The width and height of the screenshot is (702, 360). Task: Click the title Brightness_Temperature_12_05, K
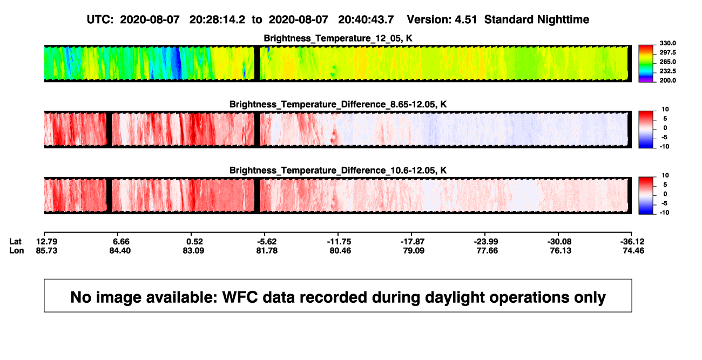338,38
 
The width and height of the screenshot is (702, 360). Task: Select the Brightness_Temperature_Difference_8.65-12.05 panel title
338,104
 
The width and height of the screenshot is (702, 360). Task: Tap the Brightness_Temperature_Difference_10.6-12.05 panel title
338,171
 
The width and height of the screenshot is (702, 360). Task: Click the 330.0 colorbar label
667,43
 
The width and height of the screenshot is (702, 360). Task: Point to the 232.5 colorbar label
667,71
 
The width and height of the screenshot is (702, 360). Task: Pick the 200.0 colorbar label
667,80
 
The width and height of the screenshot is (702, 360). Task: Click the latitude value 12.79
46,242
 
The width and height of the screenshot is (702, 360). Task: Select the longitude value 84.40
120,251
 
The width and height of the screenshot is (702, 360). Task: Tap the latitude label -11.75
339,242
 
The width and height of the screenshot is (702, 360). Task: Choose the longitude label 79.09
414,251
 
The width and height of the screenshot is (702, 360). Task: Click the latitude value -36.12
632,242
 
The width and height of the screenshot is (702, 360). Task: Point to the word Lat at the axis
15,242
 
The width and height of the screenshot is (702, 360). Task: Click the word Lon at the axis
17,251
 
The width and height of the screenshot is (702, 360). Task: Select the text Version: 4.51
442,20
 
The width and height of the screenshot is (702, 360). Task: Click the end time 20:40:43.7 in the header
366,20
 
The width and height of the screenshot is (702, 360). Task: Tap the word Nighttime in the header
563,20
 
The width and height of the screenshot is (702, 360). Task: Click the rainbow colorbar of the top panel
646,64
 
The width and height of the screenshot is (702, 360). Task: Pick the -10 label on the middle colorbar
665,147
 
